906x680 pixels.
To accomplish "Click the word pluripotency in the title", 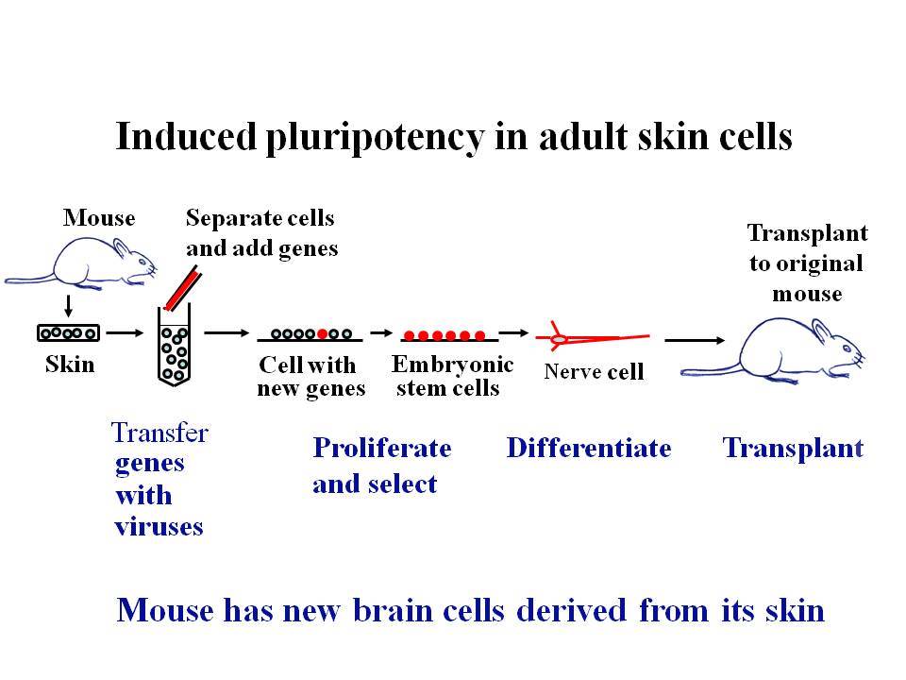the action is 375,138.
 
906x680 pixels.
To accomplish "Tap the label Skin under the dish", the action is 70,365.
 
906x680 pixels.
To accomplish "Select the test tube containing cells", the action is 175,346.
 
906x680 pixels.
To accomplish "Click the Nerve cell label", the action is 594,371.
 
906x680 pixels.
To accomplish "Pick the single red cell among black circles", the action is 323,333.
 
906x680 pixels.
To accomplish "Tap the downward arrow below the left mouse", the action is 68,306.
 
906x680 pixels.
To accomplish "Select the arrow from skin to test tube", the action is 125,332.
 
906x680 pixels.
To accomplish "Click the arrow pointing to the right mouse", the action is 695,340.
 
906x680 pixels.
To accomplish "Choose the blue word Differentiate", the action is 589,448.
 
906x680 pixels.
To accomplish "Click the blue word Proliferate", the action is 382,448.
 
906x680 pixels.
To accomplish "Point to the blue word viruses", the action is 159,527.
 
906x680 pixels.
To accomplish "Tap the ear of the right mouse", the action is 823,331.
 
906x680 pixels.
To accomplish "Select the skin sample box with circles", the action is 69,333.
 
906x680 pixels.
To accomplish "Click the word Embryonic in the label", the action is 452,365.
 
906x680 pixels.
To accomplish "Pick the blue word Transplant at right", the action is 793,449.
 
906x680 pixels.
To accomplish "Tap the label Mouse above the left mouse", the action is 99,218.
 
